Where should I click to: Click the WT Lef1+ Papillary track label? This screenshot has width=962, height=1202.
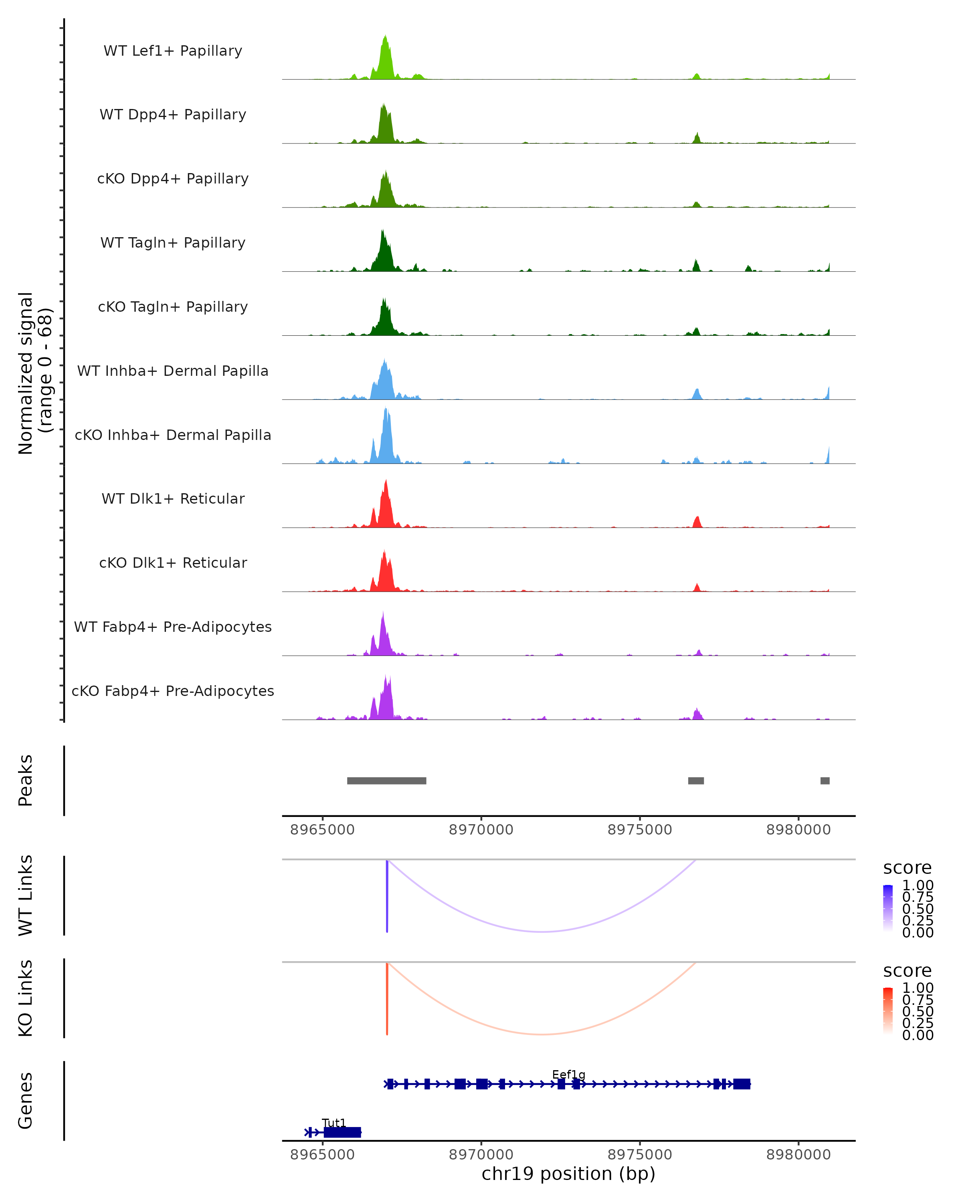(173, 51)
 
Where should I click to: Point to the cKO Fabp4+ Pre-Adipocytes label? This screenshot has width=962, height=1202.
(173, 691)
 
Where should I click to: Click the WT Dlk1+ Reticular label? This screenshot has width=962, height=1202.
(173, 498)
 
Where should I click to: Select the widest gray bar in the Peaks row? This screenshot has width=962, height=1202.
(386, 780)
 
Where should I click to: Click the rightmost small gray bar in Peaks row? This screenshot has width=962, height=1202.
(825, 780)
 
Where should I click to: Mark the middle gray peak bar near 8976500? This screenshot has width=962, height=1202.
(695, 780)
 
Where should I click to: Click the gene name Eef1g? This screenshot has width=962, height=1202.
(568, 1074)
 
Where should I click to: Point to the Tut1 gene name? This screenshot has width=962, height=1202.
(334, 1123)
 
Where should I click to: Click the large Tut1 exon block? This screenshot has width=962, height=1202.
(342, 1132)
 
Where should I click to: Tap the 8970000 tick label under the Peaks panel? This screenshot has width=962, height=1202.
(481, 830)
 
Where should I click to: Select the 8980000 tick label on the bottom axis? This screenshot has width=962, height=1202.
(798, 1155)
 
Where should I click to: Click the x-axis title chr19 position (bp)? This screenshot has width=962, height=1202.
(568, 1174)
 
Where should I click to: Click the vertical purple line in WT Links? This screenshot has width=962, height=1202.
(387, 896)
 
